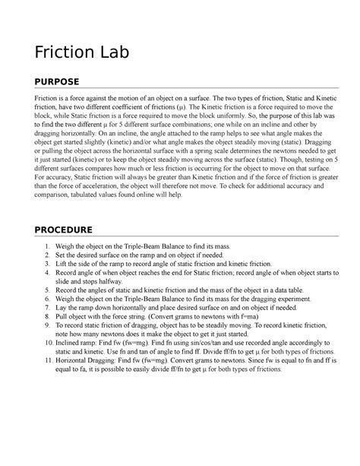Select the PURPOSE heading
[x=58, y=82]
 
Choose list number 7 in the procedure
[x=47, y=305]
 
